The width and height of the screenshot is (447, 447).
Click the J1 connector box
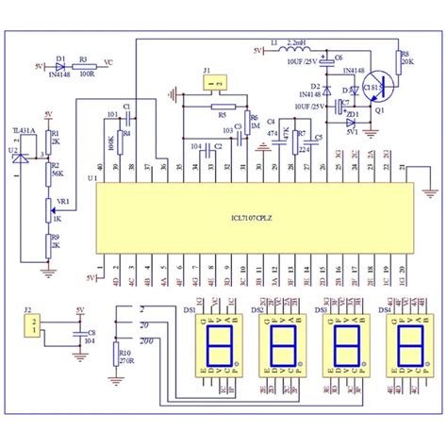click(214, 85)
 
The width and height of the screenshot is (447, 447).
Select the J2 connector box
click(32, 327)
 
